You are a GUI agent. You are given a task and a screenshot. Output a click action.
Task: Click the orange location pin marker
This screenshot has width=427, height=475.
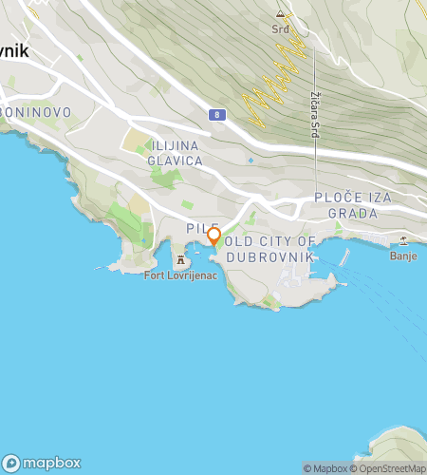coord(213,237)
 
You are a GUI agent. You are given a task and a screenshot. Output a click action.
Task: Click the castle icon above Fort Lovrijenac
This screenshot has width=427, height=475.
coord(178,260)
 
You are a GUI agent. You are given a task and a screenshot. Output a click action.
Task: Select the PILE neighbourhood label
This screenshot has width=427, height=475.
coord(196,229)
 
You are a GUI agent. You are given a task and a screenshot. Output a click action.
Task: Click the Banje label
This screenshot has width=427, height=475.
coord(403,256)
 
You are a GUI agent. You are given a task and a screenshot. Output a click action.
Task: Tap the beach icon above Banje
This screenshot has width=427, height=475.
coord(403,241)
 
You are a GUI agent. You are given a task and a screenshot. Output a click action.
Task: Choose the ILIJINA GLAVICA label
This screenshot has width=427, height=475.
coord(176,154)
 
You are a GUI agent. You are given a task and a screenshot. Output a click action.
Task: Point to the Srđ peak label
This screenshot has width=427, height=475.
coord(280,28)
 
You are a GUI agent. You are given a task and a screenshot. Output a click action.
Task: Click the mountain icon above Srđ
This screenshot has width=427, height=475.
coord(280,15)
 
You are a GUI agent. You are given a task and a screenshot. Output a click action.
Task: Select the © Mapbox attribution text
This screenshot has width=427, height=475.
coord(325,467)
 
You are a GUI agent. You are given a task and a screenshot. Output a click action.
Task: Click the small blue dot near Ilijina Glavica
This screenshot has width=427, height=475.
coord(251,161)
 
